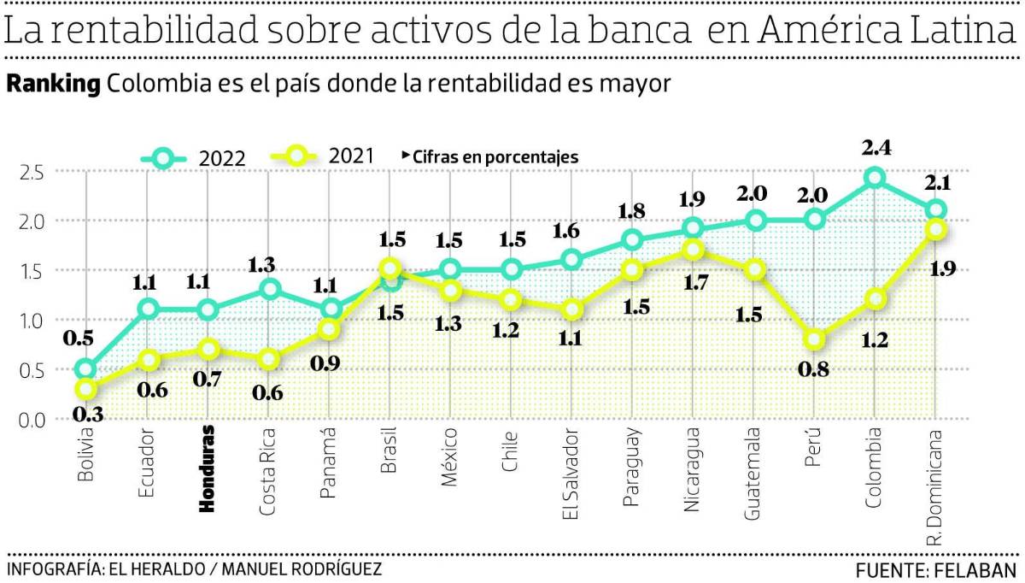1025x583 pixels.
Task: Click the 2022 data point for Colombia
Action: click(875, 178)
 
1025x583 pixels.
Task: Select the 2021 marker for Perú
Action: click(814, 340)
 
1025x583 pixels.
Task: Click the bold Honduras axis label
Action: click(206, 469)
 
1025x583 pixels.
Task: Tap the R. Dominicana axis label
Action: click(936, 486)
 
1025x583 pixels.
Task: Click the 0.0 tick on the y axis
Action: click(31, 420)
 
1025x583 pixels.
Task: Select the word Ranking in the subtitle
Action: click(54, 85)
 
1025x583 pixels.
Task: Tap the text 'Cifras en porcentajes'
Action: click(495, 157)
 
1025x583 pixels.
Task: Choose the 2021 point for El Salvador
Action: click(571, 309)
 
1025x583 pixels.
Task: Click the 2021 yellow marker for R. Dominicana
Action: click(936, 229)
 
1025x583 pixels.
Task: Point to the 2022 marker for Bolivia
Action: click(85, 369)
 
